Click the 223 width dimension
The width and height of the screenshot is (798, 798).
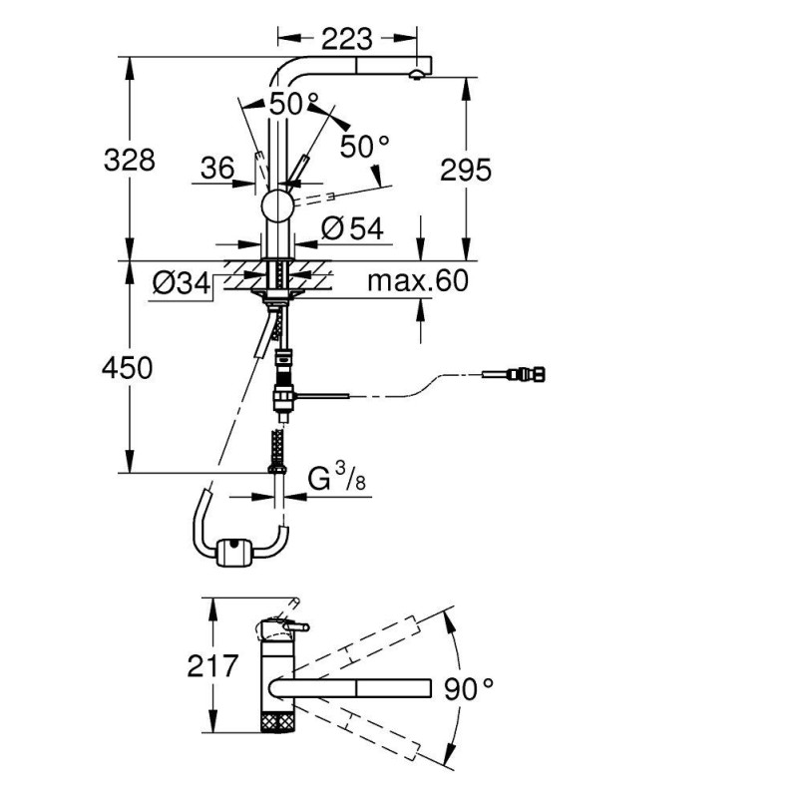pyautogui.click(x=346, y=39)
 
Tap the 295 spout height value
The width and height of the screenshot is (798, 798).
pyautogui.click(x=467, y=171)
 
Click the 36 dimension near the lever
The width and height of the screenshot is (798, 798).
pyautogui.click(x=216, y=170)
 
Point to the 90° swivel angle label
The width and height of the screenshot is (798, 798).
pyautogui.click(x=469, y=688)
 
